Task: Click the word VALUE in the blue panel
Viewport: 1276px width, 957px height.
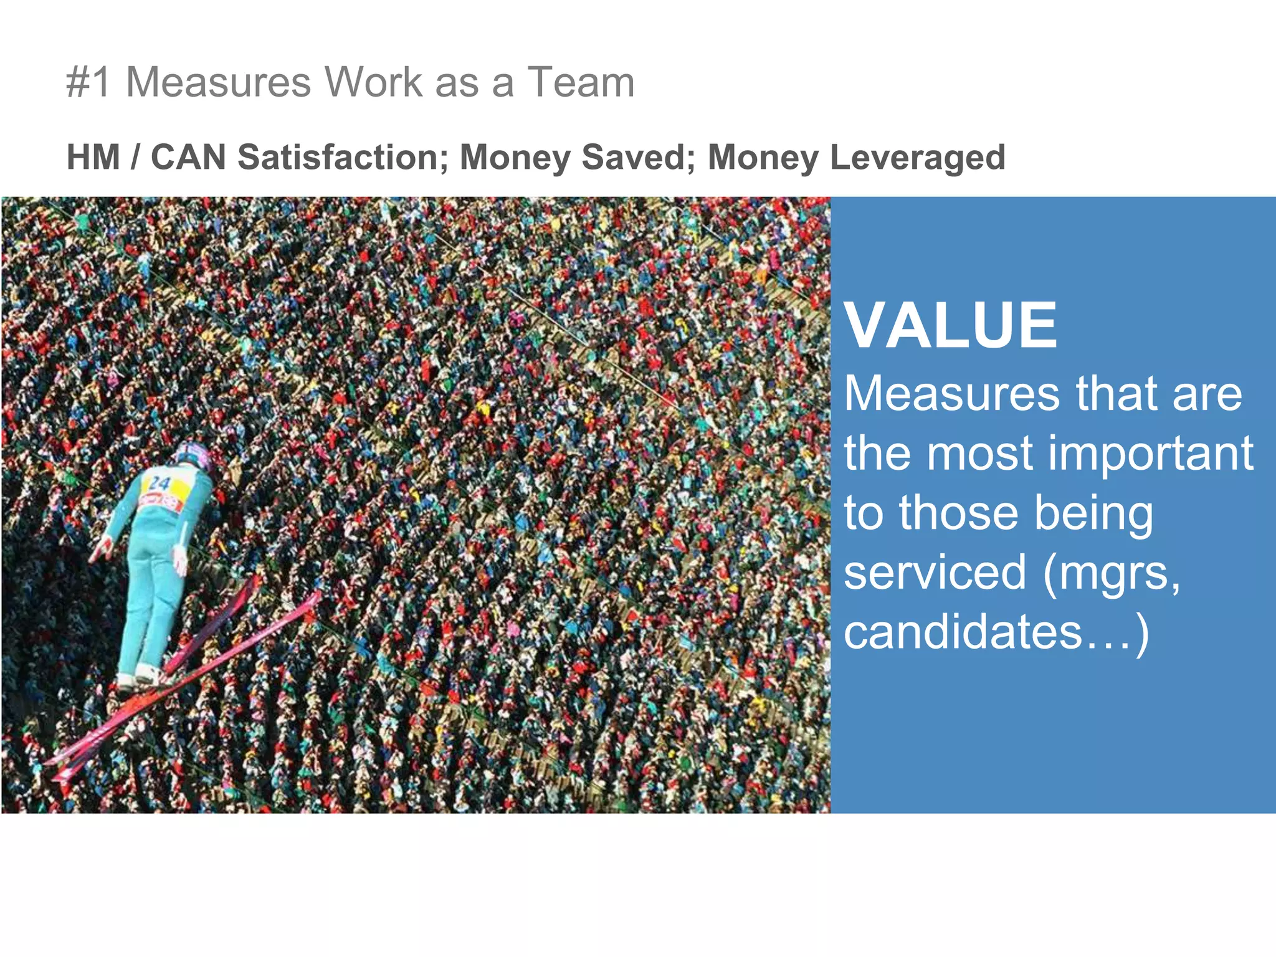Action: pyautogui.click(x=950, y=325)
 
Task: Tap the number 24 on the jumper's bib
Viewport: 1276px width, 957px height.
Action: pyautogui.click(x=159, y=483)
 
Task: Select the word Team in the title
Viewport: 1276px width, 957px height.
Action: pyautogui.click(x=581, y=82)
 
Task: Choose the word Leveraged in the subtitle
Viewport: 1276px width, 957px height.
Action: pyautogui.click(x=918, y=157)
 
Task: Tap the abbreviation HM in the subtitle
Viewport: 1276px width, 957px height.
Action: pyautogui.click(x=93, y=157)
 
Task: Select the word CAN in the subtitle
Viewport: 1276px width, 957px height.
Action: pyautogui.click(x=188, y=157)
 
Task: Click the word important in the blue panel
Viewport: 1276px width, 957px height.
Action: pyautogui.click(x=1151, y=454)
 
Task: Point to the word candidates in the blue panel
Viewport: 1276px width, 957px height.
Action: pyautogui.click(x=963, y=632)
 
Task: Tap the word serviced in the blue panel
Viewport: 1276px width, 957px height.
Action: pyautogui.click(x=935, y=572)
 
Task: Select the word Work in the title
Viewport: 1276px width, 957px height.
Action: pyautogui.click(x=373, y=82)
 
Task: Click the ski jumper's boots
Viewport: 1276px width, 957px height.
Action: pyautogui.click(x=140, y=676)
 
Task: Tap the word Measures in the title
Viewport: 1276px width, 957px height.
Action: pyautogui.click(x=218, y=82)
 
